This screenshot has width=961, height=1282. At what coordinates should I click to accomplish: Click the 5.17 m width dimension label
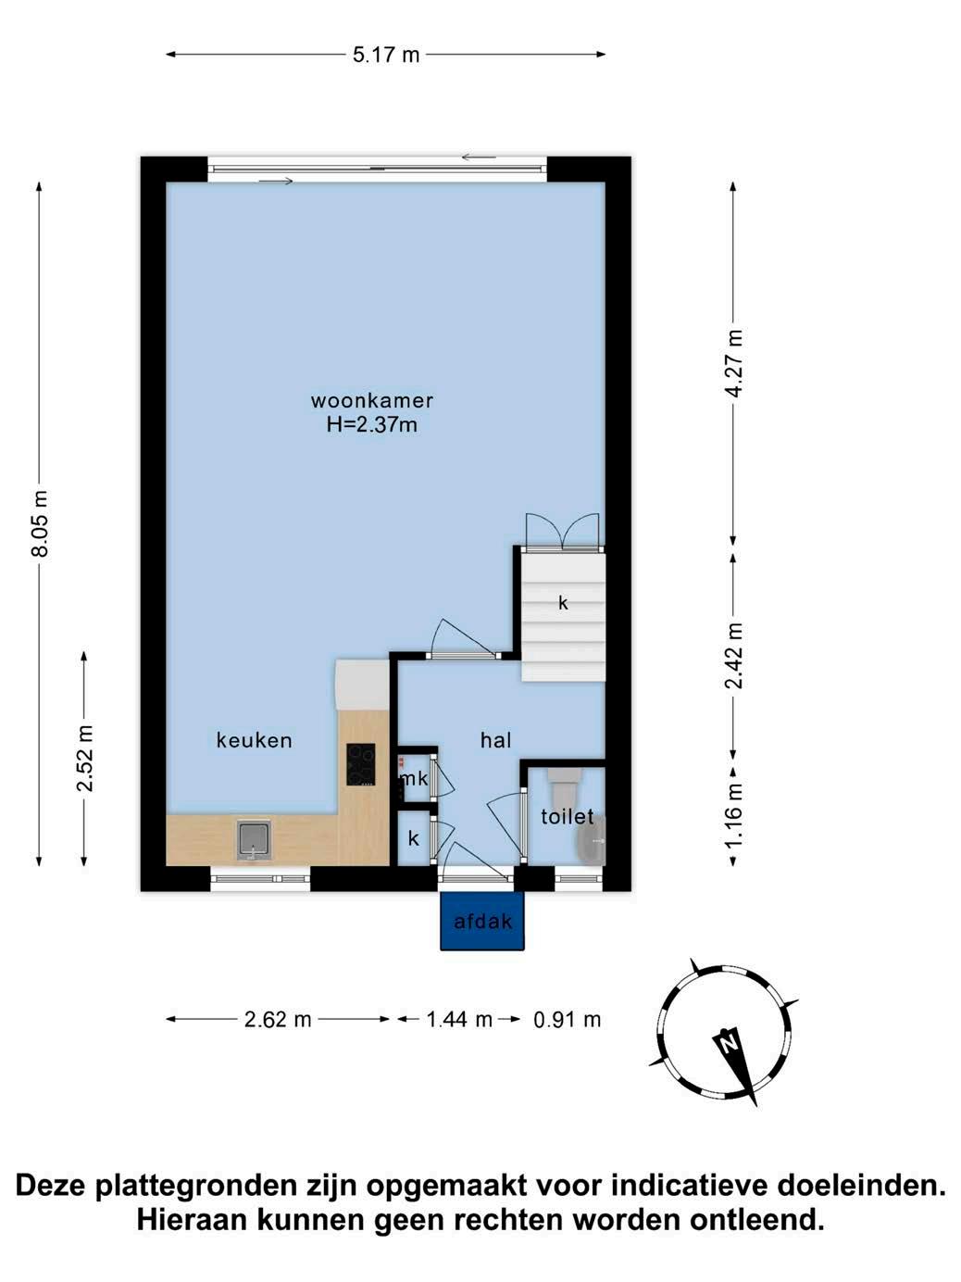click(x=386, y=55)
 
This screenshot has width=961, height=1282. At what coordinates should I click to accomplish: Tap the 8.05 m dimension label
click(x=40, y=524)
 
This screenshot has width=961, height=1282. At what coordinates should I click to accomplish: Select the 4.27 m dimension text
click(x=734, y=364)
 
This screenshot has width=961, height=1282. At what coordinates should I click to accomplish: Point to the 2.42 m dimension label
click(x=734, y=656)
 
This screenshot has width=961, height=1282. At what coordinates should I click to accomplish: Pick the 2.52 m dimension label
click(x=85, y=758)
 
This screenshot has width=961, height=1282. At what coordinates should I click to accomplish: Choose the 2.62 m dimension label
click(x=277, y=1020)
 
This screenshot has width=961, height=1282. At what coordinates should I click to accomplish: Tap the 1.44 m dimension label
click(x=459, y=1020)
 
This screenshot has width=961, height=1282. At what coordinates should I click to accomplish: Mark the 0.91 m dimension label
click(x=568, y=1020)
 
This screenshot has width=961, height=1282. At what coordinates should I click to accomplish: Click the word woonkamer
click(x=371, y=401)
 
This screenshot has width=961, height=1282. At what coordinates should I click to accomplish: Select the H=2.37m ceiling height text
click(x=371, y=424)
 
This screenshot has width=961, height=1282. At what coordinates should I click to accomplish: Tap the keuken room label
click(x=254, y=741)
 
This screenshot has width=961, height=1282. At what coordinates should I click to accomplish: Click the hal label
click(x=496, y=741)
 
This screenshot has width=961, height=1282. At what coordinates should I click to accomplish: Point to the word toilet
click(x=567, y=816)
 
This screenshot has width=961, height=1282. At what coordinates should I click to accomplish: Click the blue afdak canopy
click(x=482, y=921)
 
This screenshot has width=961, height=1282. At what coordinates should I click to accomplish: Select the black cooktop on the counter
click(x=360, y=764)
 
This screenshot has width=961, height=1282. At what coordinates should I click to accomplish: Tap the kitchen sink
click(x=254, y=840)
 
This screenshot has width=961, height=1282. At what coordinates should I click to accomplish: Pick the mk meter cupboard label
click(x=414, y=778)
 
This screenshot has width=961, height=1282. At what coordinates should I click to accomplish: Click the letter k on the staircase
click(x=563, y=603)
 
